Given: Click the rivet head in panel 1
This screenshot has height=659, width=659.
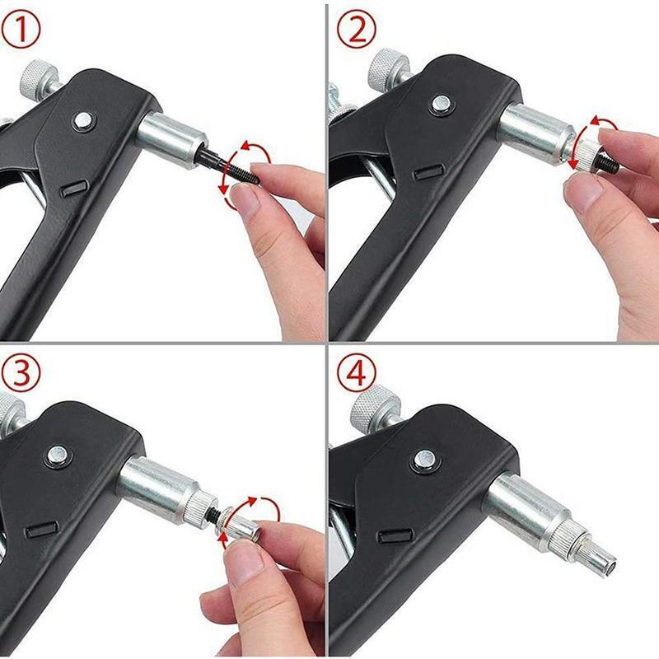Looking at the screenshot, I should point(82,120).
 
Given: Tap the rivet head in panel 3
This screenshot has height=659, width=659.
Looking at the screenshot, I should point(57,454).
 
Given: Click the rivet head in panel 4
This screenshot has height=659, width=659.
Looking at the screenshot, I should point(423,460).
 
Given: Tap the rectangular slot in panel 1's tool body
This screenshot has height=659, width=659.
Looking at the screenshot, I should point(72,189).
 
